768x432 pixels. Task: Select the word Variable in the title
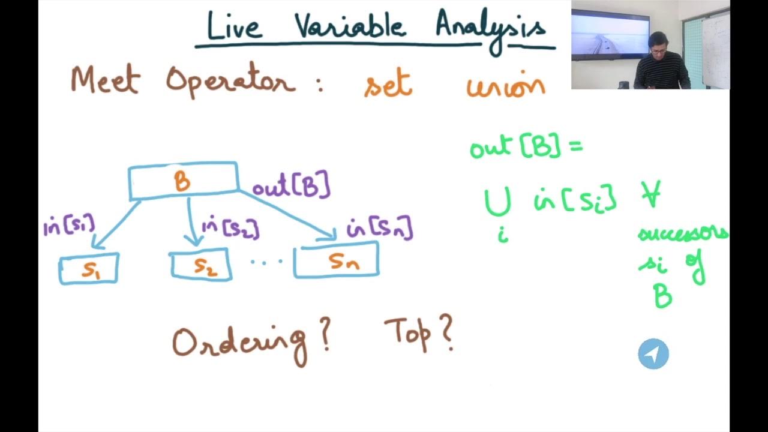pyautogui.click(x=350, y=26)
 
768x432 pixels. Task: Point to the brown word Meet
pyautogui.click(x=104, y=81)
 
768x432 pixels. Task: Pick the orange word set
pyautogui.click(x=388, y=85)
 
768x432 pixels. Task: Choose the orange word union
pyautogui.click(x=506, y=86)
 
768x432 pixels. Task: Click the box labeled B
pyautogui.click(x=183, y=181)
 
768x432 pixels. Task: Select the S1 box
pyautogui.click(x=89, y=269)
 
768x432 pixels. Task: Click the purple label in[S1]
pyautogui.click(x=69, y=226)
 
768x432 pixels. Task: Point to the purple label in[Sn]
pyautogui.click(x=380, y=229)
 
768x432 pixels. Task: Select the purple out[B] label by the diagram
pyautogui.click(x=291, y=187)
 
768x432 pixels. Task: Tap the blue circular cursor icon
pyautogui.click(x=653, y=354)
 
